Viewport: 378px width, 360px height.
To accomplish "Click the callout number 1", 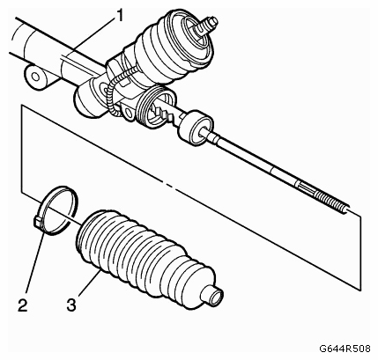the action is pos(119,17).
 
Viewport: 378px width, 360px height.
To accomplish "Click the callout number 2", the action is pos(22,305).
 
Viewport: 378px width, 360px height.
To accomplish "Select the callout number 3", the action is pos(71,305).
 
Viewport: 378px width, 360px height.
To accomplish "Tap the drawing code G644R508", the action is pos(345,349).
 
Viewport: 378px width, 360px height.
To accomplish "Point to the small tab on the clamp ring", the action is pos(36,221).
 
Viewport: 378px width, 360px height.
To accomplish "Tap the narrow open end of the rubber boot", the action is pos(217,296).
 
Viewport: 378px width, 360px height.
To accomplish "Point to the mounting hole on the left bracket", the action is pos(35,77).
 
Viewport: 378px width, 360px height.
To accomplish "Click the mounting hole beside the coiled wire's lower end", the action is pos(129,112).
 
